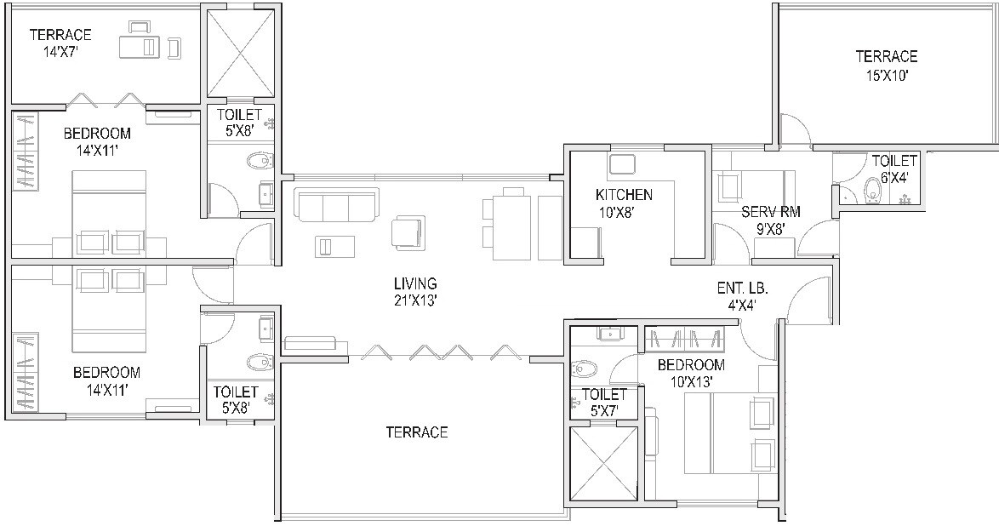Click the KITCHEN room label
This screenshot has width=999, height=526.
coord(624,195)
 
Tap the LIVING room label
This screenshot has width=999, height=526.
coord(414,283)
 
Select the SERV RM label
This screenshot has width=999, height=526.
coord(770,212)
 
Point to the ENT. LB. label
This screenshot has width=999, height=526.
coord(736,289)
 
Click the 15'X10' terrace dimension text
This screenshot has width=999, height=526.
coord(886,75)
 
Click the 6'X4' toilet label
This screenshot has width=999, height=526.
coord(893,177)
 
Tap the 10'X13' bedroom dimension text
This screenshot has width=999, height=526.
coord(691,382)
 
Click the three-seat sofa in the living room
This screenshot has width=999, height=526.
coord(335,205)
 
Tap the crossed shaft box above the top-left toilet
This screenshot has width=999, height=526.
coord(241,53)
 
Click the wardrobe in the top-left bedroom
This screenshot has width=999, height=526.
coord(25,152)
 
